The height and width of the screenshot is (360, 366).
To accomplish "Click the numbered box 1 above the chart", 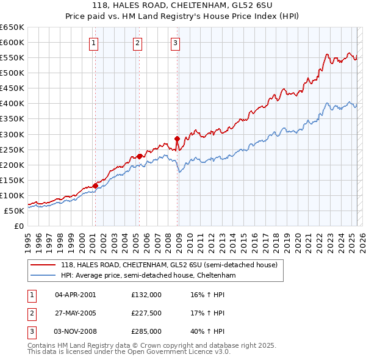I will pos(95,43).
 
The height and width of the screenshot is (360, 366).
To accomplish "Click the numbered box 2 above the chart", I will pos(138,43).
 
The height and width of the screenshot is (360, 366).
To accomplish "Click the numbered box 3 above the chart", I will pos(175,43).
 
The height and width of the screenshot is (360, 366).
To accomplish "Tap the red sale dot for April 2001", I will pos(95,185).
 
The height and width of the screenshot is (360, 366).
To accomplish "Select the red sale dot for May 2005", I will pos(140,156).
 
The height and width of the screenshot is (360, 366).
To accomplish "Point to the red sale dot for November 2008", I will pos(178,139).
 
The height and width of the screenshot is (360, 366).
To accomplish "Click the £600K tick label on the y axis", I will pos(12,42).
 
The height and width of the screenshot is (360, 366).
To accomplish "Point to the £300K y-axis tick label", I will pos(12,134).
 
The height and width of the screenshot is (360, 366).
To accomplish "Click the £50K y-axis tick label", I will pos(14,211).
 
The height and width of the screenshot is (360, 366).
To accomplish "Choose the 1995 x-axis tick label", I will pos(28,238).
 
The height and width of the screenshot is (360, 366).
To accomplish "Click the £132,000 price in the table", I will pos(146,295).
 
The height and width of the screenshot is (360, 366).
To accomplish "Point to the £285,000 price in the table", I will pos(146,331).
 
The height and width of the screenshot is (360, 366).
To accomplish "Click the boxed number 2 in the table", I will pos(31,313).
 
